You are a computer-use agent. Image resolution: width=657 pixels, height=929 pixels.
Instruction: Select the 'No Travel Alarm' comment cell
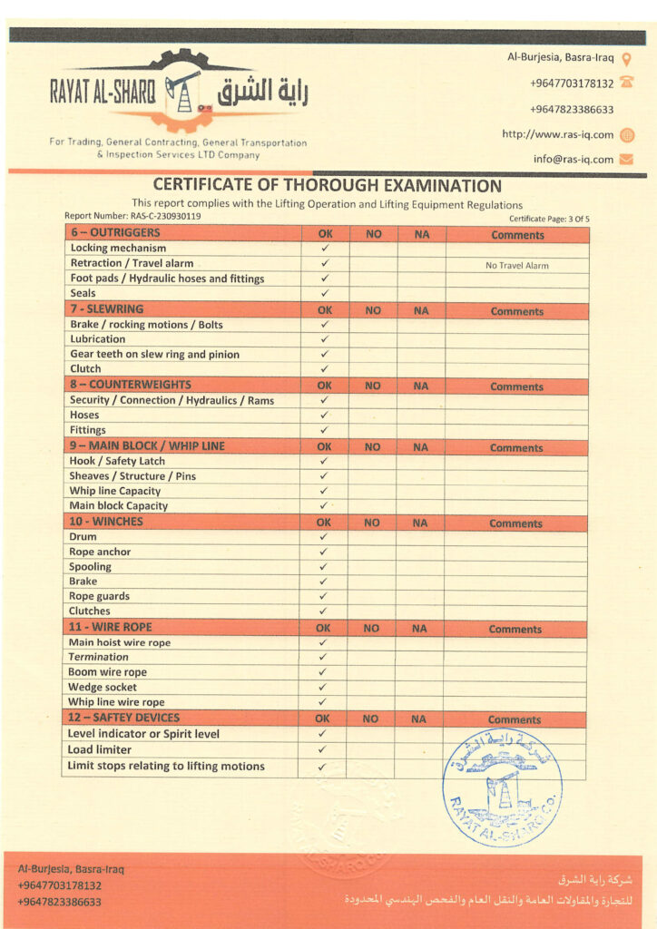point(516,266)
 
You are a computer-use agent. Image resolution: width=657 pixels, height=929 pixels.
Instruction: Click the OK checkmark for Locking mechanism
point(325,248)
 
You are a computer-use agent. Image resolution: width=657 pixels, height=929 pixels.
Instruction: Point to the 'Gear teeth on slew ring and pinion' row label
point(154,354)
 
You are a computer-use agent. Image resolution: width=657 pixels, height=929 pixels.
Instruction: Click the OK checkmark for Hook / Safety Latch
point(324,461)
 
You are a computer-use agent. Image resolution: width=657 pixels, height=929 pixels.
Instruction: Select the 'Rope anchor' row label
point(100,552)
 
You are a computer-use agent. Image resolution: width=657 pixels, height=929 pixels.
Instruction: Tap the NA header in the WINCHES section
point(419,523)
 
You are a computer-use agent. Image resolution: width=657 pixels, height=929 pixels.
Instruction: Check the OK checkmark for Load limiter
point(322,750)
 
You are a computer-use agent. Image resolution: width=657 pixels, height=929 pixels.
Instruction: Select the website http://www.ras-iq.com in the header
point(557,134)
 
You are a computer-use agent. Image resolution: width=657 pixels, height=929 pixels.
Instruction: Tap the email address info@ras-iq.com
point(573,159)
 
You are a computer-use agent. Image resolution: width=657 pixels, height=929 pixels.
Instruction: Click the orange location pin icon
point(626,58)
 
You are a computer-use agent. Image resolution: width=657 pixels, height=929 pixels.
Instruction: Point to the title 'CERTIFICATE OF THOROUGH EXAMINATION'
point(327,186)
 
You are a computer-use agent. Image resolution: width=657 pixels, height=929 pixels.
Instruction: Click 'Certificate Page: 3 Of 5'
point(549,219)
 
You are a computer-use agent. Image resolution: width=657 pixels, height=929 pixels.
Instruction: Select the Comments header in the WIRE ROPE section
point(515,629)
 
